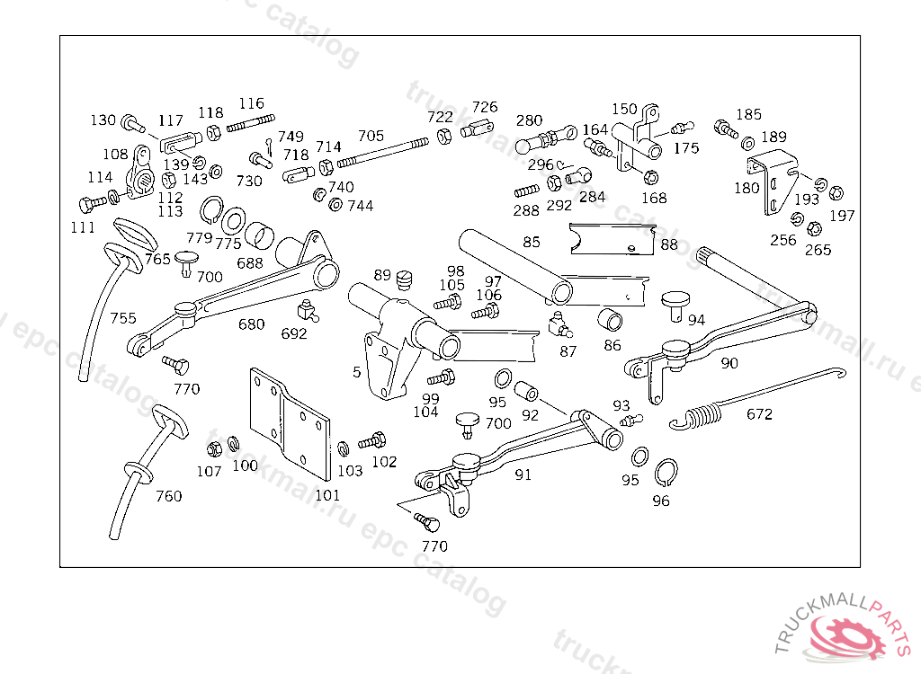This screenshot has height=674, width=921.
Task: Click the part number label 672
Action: click(759, 414)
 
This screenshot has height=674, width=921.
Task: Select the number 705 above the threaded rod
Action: click(371, 137)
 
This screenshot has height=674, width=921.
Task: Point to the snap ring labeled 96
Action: click(666, 473)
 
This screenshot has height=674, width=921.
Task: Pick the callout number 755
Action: click(122, 318)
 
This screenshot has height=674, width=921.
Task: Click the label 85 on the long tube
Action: click(531, 242)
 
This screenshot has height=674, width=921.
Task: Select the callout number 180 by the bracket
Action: click(747, 188)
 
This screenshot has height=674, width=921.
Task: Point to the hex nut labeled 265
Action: click(814, 228)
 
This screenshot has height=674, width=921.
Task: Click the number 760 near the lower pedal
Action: click(168, 496)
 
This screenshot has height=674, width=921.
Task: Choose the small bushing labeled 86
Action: click(610, 320)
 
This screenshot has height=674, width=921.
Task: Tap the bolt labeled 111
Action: click(93, 204)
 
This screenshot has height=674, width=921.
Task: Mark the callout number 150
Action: click(624, 110)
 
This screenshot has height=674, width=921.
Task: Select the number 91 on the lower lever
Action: click(523, 474)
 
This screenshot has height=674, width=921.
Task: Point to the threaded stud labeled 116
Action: click(251, 123)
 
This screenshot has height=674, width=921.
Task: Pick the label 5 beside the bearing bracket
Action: click(356, 372)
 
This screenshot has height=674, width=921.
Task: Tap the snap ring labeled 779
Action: click(210, 210)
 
